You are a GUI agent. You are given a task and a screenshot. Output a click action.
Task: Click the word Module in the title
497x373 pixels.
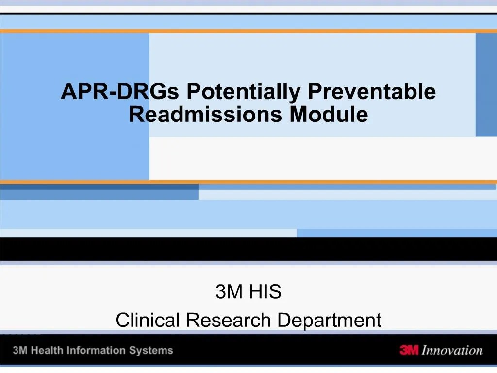click(x=329, y=115)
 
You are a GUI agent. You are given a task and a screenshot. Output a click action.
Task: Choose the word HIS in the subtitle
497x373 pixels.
click(x=265, y=292)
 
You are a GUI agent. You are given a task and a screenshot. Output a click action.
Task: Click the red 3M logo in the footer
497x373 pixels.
click(x=409, y=350)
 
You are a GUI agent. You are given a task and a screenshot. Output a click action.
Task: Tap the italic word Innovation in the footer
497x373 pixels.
click(x=452, y=350)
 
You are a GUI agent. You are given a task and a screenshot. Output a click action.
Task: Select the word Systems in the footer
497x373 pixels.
click(x=154, y=350)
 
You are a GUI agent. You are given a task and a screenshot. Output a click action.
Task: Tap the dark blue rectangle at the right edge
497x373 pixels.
click(x=486, y=85)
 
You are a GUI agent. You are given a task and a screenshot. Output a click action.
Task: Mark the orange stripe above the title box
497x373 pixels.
click(x=248, y=31)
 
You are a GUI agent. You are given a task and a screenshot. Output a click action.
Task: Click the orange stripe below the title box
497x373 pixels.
click(x=248, y=182)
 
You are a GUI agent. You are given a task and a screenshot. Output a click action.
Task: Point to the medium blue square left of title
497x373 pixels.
click(x=75, y=107)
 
